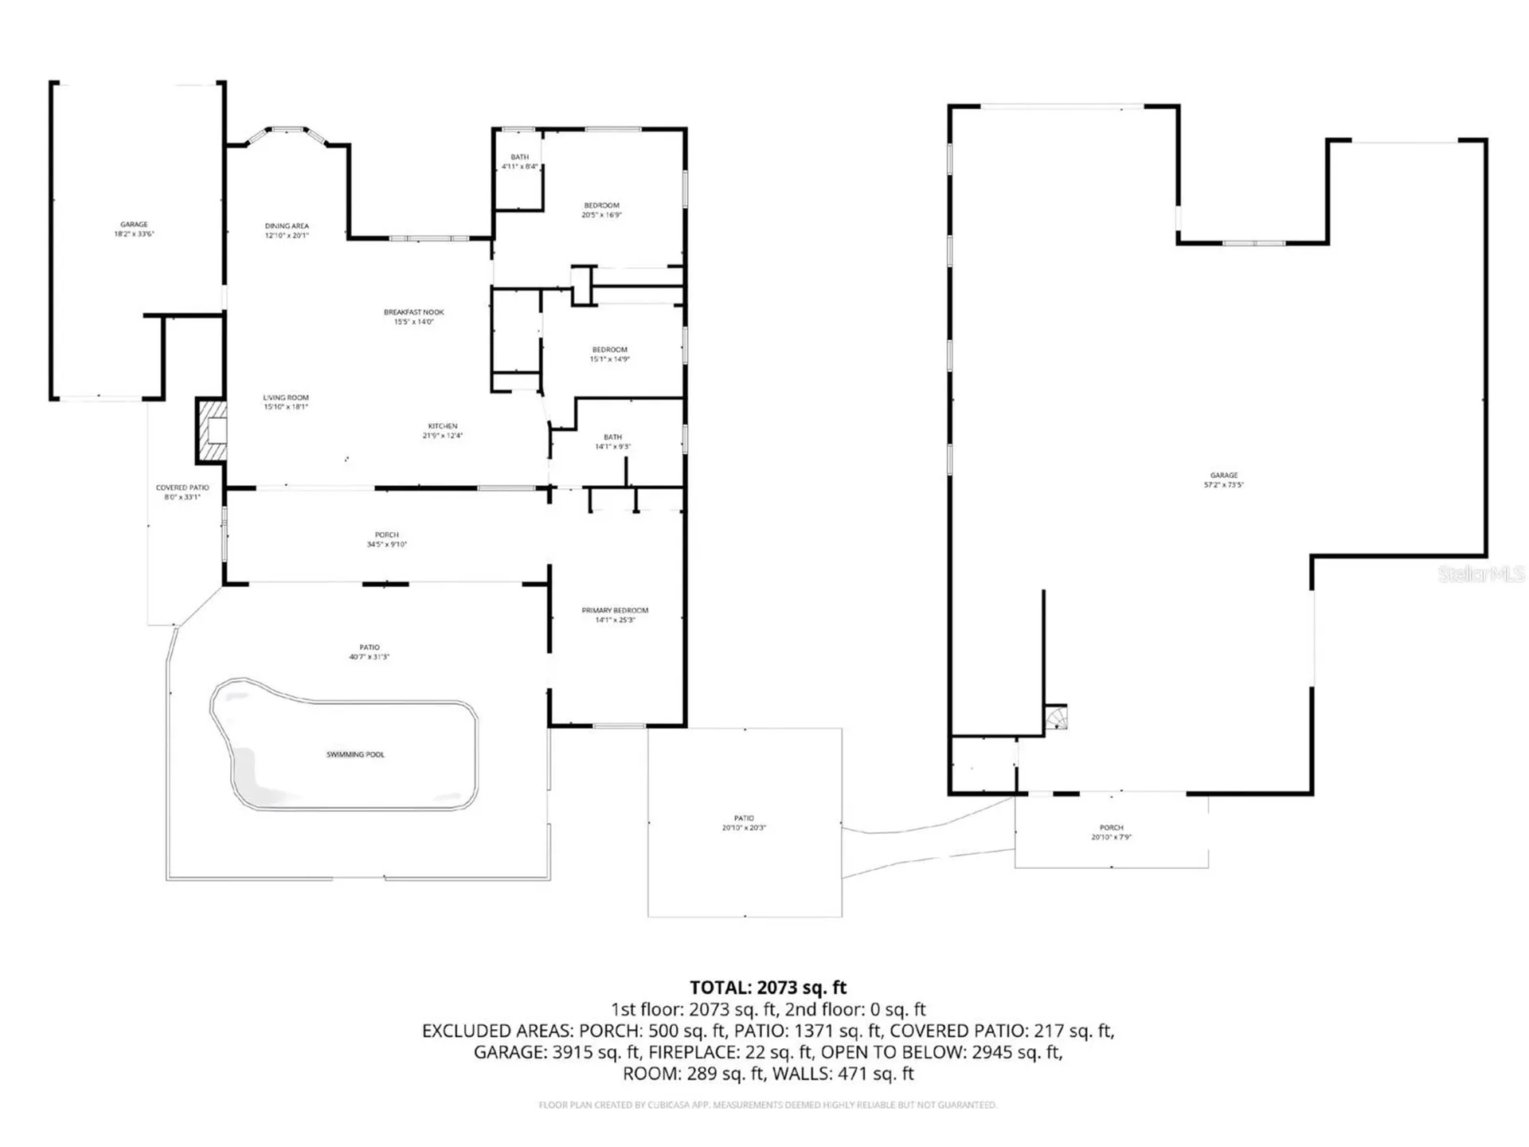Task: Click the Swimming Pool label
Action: (x=355, y=754)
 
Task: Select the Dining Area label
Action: (x=287, y=230)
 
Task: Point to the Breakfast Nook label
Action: (x=413, y=317)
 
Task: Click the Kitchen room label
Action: (x=443, y=431)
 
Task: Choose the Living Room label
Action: (x=286, y=401)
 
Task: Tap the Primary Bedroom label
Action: (x=615, y=615)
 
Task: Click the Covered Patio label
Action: (x=182, y=491)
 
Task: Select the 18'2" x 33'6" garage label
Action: (x=134, y=229)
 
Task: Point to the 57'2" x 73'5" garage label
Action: (x=1224, y=480)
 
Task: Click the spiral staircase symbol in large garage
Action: (x=1057, y=718)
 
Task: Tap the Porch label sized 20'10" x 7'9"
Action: (x=1111, y=832)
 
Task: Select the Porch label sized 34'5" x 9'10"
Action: (x=386, y=539)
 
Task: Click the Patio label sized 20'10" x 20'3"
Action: (x=744, y=823)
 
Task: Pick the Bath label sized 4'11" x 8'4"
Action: (x=519, y=162)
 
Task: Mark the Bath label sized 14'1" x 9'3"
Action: (x=612, y=441)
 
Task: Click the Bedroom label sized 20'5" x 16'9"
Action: (x=601, y=209)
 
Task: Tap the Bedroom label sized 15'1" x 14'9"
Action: (x=609, y=354)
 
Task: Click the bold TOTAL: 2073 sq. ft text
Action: (x=768, y=988)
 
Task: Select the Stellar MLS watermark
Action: (x=1480, y=573)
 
